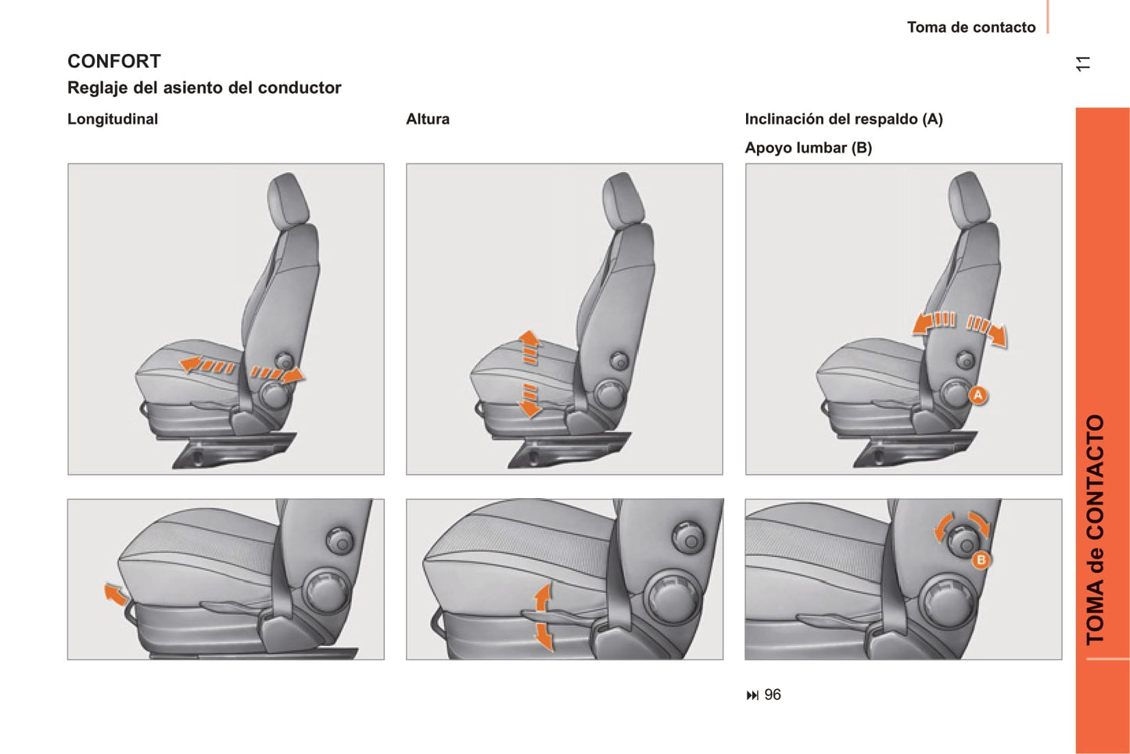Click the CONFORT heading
[114, 61]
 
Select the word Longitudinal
[113, 119]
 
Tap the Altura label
[428, 119]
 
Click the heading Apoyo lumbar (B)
[808, 148]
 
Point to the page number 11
[1082, 63]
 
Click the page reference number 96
[773, 695]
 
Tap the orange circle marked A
[978, 395]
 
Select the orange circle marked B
[981, 560]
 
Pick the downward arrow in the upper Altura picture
[529, 400]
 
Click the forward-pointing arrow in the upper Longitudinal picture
[206, 364]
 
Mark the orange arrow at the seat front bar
[115, 594]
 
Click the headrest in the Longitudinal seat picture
[288, 199]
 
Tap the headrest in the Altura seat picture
[623, 199]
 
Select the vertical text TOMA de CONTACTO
[1095, 530]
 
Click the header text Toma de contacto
[971, 27]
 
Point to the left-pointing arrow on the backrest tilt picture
[933, 323]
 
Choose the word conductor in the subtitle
[300, 88]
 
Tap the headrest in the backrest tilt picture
[969, 198]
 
